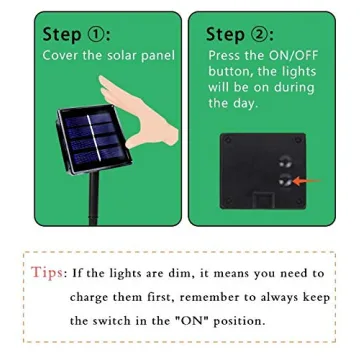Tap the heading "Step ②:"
(x=239, y=34)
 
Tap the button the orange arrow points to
(x=284, y=181)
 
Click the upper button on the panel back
(x=283, y=160)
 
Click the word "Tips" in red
(x=46, y=273)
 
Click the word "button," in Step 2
(x=232, y=72)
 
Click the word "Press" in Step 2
(x=227, y=56)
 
